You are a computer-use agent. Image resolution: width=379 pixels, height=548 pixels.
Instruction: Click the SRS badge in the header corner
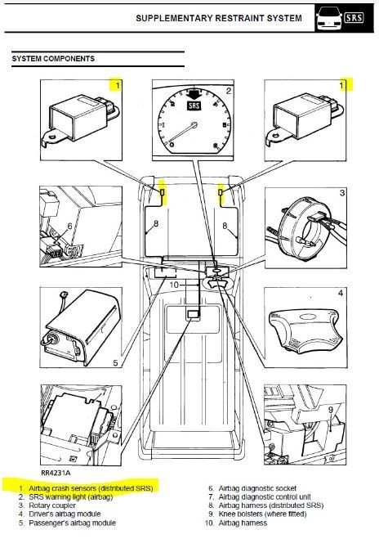click(354, 17)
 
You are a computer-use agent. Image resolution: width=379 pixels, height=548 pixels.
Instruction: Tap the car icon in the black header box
click(329, 18)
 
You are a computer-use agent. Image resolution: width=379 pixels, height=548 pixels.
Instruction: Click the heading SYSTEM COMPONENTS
click(53, 59)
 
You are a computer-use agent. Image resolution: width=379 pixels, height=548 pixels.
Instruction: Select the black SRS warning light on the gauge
click(194, 106)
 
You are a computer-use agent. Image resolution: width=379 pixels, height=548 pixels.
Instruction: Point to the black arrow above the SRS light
click(194, 94)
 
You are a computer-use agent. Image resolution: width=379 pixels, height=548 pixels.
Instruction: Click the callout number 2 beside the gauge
click(228, 91)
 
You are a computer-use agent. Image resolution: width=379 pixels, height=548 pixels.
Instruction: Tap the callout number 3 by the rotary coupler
click(342, 192)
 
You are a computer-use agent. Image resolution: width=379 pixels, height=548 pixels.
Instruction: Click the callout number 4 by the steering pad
click(341, 293)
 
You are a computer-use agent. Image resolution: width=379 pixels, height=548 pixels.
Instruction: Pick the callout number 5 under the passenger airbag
click(115, 363)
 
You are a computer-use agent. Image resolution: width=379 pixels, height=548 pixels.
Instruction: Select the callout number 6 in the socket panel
click(69, 227)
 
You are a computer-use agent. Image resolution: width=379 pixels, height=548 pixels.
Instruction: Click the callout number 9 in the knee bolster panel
click(331, 410)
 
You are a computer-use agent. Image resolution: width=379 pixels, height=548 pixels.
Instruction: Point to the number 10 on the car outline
click(174, 285)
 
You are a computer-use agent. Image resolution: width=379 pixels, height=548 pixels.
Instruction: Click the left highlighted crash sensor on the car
click(163, 192)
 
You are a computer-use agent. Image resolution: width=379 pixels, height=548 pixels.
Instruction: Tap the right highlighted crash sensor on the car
click(221, 192)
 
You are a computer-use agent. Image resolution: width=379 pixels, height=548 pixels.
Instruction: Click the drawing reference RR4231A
click(56, 473)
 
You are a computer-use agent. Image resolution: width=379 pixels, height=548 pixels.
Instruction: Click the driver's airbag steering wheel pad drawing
click(304, 330)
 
